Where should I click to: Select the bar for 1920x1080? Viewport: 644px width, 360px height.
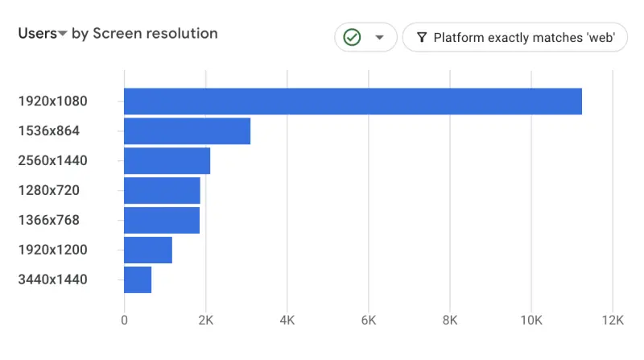[x=353, y=101]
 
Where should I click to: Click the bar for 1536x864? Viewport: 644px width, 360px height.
[x=187, y=131]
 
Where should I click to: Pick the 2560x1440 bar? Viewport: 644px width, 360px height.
[x=167, y=161]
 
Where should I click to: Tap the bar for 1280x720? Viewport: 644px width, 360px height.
[x=162, y=191]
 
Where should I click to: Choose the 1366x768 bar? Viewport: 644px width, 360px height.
[x=162, y=221]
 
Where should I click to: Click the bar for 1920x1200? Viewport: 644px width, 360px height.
[x=148, y=250]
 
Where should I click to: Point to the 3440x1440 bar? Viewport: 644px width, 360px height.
[x=138, y=279]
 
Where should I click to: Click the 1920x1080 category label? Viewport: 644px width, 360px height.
[x=52, y=101]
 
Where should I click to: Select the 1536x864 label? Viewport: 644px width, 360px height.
[x=49, y=131]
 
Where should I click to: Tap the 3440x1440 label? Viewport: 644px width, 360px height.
[x=52, y=279]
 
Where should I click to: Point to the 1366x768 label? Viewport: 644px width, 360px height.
[x=49, y=221]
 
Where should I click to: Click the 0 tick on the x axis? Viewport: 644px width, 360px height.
[x=124, y=321]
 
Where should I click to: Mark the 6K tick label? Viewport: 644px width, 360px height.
[x=369, y=321]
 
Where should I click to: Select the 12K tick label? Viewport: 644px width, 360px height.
[x=613, y=321]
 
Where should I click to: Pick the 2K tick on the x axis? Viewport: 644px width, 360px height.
[x=205, y=321]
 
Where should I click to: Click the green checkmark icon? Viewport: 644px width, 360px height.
[x=352, y=37]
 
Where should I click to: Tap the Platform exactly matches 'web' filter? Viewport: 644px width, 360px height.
[x=514, y=37]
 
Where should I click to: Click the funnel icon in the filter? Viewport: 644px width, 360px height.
[x=421, y=37]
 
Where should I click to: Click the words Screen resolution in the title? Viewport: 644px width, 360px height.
[x=155, y=34]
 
